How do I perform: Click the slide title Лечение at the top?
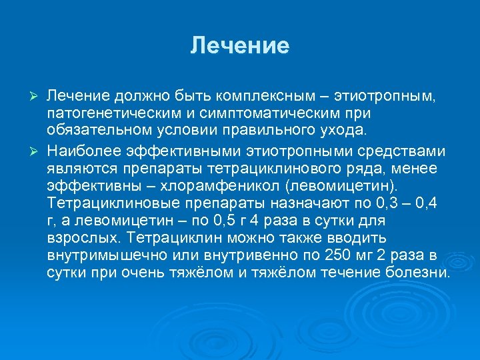pyautogui.click(x=240, y=46)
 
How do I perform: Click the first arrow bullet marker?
pyautogui.click(x=37, y=98)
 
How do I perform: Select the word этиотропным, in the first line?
pyautogui.click(x=387, y=98)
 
